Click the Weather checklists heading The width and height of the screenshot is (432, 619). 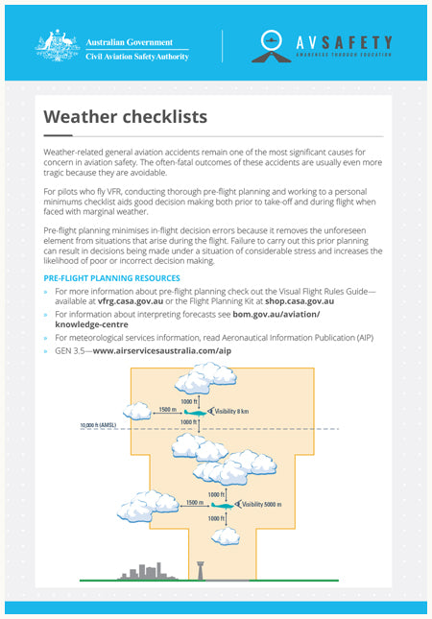tap(125, 117)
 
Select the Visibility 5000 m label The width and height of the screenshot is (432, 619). tap(264, 504)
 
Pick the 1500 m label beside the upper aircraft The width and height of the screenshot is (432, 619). tap(168, 408)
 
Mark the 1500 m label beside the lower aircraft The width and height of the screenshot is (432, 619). tap(194, 501)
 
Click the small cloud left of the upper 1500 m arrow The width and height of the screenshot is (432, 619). tap(138, 412)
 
